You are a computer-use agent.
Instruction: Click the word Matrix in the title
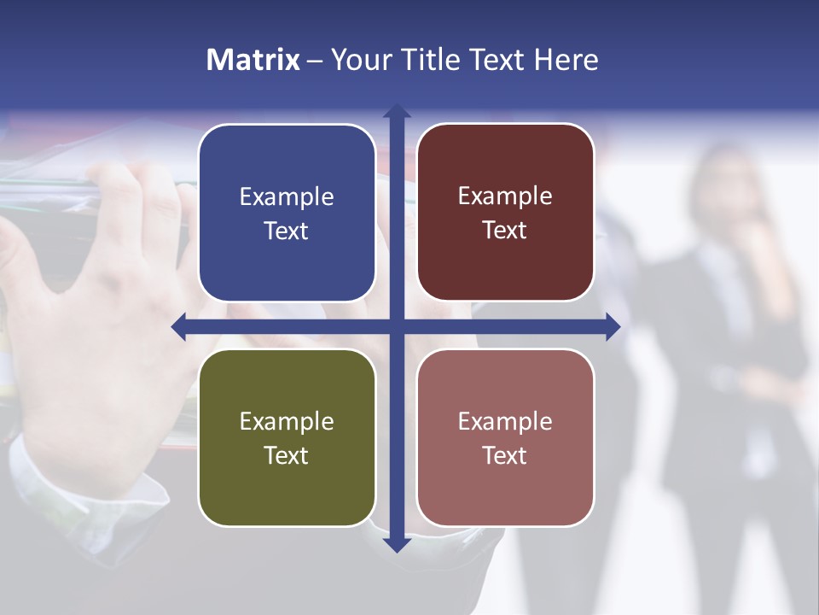coord(253,60)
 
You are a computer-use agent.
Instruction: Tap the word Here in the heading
coord(566,60)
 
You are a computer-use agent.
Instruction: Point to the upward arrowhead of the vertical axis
coord(397,111)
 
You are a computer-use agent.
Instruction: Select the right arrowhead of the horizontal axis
coord(613,326)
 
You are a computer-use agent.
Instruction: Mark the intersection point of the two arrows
coord(397,326)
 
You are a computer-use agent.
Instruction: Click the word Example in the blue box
coord(287,197)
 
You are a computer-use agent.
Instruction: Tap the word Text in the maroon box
coord(505,231)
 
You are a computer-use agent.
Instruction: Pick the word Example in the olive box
coord(287,422)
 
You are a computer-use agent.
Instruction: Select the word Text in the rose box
coord(505,455)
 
